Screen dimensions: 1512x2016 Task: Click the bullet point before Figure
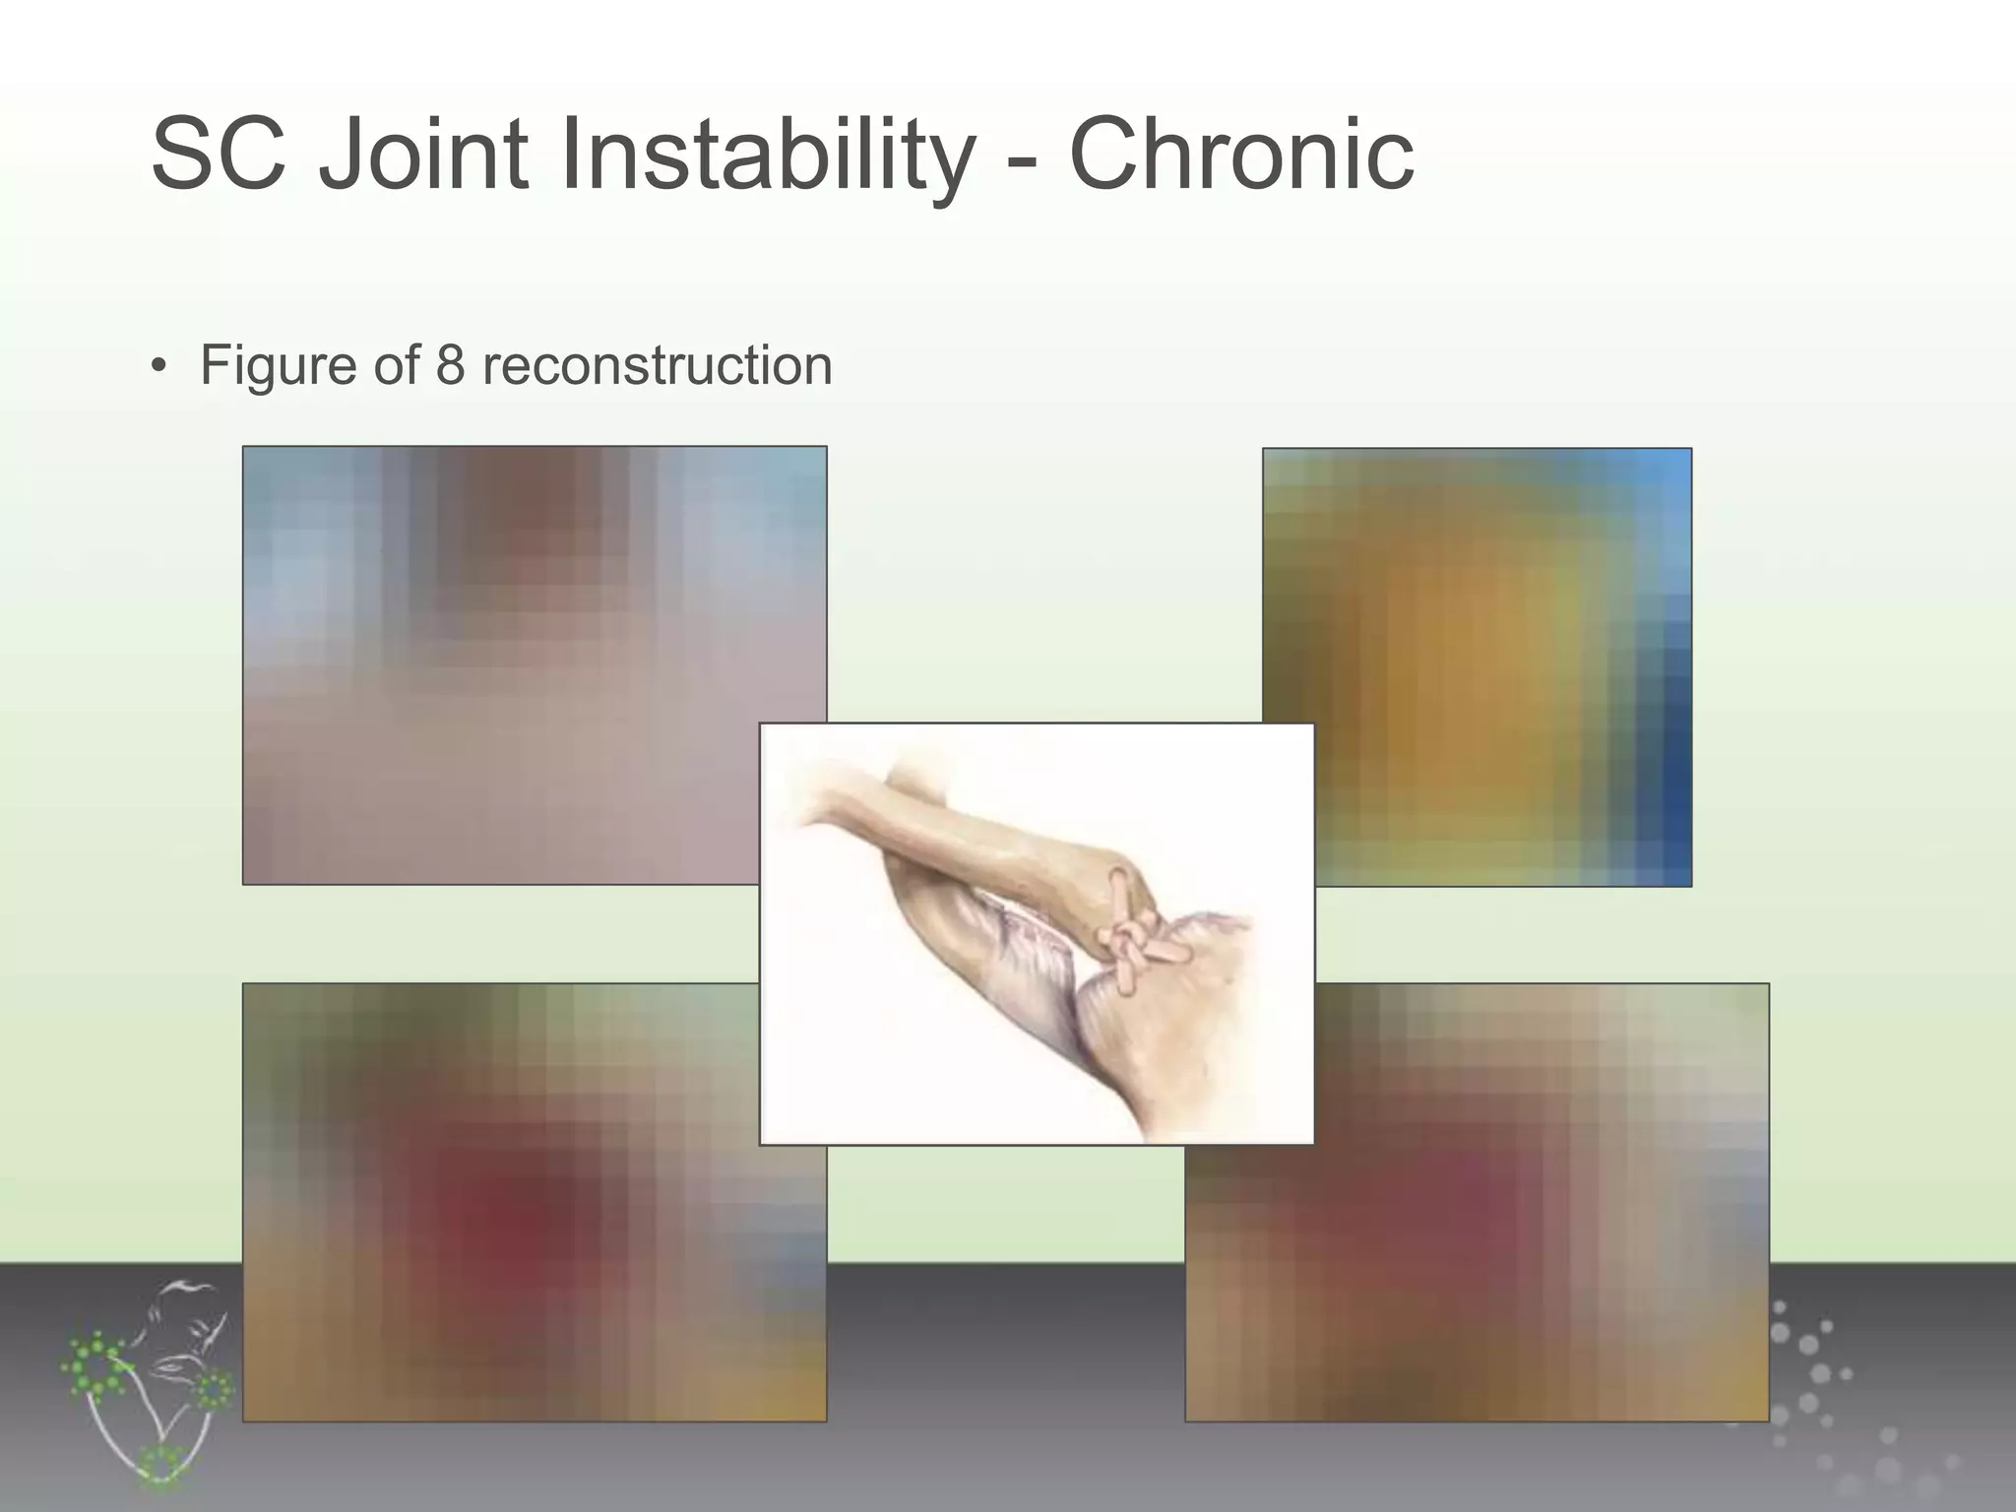pos(157,367)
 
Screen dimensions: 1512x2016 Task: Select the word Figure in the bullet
pos(279,366)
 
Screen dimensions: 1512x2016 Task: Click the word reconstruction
pos(657,365)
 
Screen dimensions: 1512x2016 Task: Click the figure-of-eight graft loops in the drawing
pos(1132,936)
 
